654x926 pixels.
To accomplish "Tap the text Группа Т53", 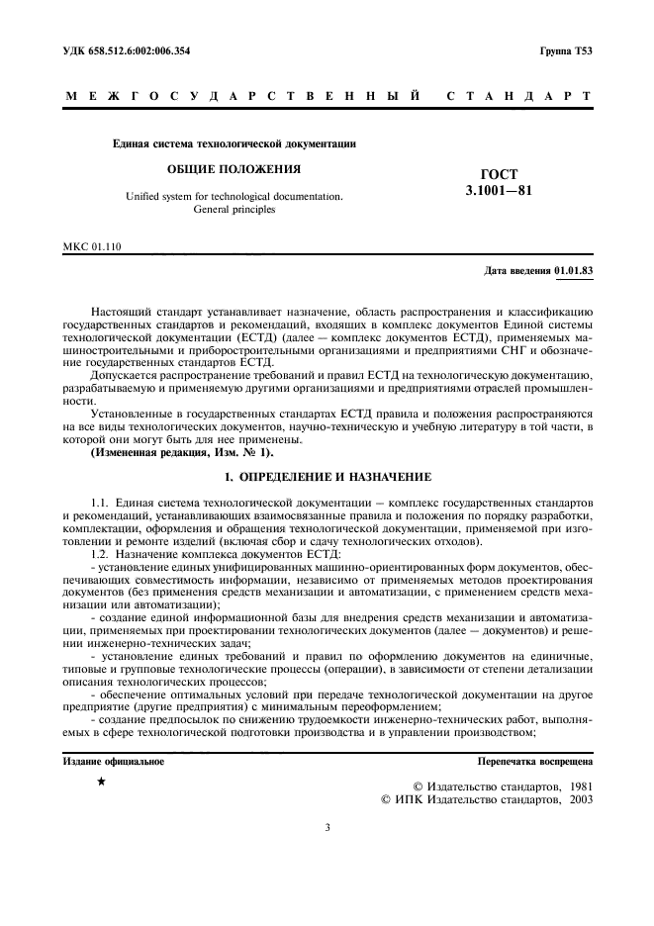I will click(x=565, y=50).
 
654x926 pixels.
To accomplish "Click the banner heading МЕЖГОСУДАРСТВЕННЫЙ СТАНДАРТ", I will click(x=327, y=97).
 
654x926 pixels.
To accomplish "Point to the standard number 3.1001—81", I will click(x=499, y=190).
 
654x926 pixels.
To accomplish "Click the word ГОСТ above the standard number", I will click(x=499, y=173).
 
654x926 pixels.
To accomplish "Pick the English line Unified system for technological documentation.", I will click(x=234, y=196).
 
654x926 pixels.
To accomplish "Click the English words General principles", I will click(x=234, y=210).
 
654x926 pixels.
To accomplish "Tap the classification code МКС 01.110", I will click(x=92, y=247).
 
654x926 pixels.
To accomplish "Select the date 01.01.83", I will click(x=573, y=269).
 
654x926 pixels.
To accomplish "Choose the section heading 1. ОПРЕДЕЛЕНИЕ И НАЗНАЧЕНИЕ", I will click(x=327, y=477).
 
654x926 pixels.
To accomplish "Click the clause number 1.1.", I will click(x=99, y=504).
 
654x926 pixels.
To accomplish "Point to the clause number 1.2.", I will click(x=99, y=553).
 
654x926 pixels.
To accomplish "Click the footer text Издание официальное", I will click(x=113, y=762).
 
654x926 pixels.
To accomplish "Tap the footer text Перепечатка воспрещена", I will click(x=534, y=762).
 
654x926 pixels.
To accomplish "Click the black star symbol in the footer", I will click(x=101, y=783).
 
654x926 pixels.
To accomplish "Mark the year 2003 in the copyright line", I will click(x=575, y=799).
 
